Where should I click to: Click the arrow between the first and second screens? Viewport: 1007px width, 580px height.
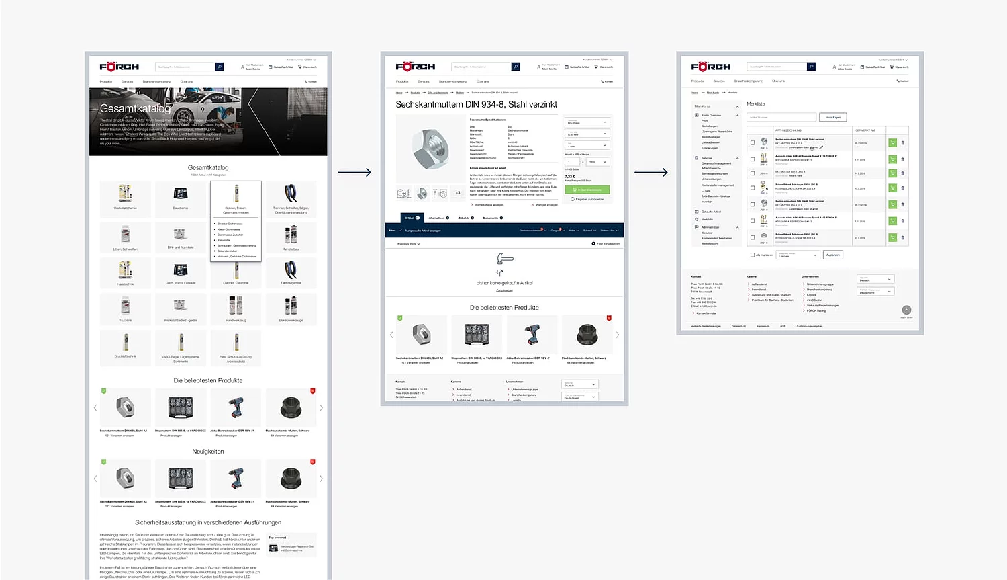point(354,173)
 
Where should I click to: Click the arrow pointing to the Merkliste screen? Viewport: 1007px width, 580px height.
point(651,173)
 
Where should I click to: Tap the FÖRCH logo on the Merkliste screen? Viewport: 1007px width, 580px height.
point(710,67)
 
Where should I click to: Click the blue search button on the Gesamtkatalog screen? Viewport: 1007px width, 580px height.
point(219,67)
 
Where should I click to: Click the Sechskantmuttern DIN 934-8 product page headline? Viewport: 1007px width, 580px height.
point(476,105)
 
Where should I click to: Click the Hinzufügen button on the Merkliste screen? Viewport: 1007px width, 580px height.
point(832,117)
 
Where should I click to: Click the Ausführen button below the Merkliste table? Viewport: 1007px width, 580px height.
point(832,255)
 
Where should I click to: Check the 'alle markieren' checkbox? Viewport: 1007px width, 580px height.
point(753,255)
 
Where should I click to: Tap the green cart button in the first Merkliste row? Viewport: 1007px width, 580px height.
point(892,142)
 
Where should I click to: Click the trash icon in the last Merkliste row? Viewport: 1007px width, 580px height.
point(902,237)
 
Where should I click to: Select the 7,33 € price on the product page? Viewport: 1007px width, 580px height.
point(570,176)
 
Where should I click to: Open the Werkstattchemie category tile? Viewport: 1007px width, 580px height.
point(126,197)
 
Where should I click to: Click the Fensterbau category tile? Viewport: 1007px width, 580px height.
point(291,237)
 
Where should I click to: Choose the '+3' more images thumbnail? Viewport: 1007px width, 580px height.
point(458,193)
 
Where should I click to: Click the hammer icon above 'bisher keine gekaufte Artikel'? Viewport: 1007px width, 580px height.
point(504,259)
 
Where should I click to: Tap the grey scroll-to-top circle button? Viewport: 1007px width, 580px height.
point(906,310)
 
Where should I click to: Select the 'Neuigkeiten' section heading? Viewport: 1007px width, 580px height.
point(208,452)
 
